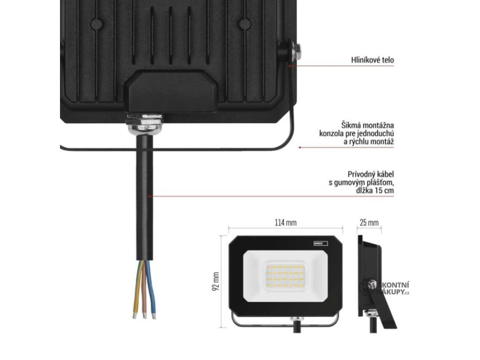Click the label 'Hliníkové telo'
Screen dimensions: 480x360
pos(373,60)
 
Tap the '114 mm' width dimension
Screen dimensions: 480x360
pos(285,223)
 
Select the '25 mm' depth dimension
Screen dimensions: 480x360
pos(369,223)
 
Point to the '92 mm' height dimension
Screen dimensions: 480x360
pos(216,281)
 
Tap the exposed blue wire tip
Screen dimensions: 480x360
pos(153,315)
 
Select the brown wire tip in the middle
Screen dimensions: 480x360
pos(144,315)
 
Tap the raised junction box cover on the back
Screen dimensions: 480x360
pos(173,91)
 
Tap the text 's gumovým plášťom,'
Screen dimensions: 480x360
pos(365,183)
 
